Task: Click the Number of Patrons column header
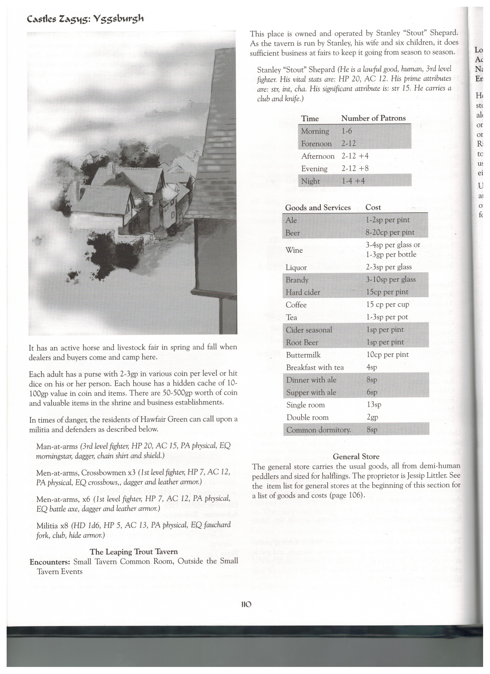(373, 118)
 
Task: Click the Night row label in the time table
(311, 181)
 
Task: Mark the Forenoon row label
(316, 144)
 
